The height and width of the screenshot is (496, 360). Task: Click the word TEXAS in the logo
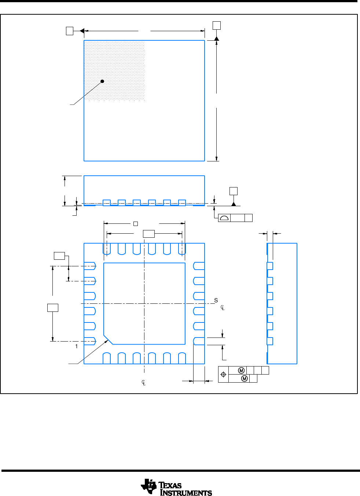pyautogui.click(x=170, y=485)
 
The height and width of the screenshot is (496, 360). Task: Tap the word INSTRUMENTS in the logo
pyautogui.click(x=186, y=493)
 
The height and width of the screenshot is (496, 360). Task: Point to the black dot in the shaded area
pyautogui.click(x=102, y=81)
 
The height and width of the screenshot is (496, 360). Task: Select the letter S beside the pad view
pyautogui.click(x=216, y=301)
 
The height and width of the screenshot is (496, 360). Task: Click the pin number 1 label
pyautogui.click(x=77, y=346)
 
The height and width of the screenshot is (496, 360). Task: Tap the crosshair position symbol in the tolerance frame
pyautogui.click(x=223, y=375)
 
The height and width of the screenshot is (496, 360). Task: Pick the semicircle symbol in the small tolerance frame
pyautogui.click(x=224, y=218)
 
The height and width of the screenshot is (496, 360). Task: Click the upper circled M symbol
pyautogui.click(x=241, y=371)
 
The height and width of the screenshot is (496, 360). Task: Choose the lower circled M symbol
pyautogui.click(x=245, y=379)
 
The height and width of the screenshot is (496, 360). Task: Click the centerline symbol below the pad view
pyautogui.click(x=144, y=383)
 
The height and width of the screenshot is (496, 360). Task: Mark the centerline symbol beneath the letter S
pyautogui.click(x=223, y=307)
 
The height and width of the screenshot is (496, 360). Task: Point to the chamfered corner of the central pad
pyautogui.click(x=108, y=340)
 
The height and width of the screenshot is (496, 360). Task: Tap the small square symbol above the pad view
pyautogui.click(x=135, y=223)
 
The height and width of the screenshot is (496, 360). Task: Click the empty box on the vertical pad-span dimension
pyautogui.click(x=53, y=307)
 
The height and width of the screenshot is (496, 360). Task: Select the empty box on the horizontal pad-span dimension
pyautogui.click(x=148, y=234)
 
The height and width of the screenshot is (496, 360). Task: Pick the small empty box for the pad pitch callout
pyautogui.click(x=59, y=256)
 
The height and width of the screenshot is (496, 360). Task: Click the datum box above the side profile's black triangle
pyautogui.click(x=233, y=191)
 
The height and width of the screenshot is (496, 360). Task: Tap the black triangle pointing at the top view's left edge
pyautogui.click(x=82, y=31)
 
